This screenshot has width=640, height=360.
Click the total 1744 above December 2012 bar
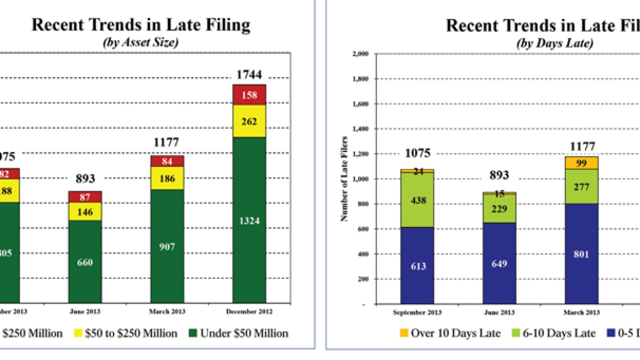[249, 75]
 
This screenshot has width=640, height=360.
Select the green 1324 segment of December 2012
[249, 220]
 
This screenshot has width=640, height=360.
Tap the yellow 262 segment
[249, 121]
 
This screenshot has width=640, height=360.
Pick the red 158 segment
[249, 94]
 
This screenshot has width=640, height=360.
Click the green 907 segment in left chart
[167, 246]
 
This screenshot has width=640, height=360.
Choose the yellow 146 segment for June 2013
[85, 211]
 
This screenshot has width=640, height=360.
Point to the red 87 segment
[85, 196]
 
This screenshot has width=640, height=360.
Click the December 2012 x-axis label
[249, 311]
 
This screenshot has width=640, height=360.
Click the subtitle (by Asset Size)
[140, 43]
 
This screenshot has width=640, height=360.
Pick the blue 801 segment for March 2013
[581, 254]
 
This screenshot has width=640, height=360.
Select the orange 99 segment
[581, 163]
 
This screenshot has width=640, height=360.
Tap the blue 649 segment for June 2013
[499, 263]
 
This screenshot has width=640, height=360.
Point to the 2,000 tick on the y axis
[359, 54]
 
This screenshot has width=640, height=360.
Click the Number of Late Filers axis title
[344, 179]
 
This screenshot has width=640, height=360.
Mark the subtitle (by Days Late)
[554, 43]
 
